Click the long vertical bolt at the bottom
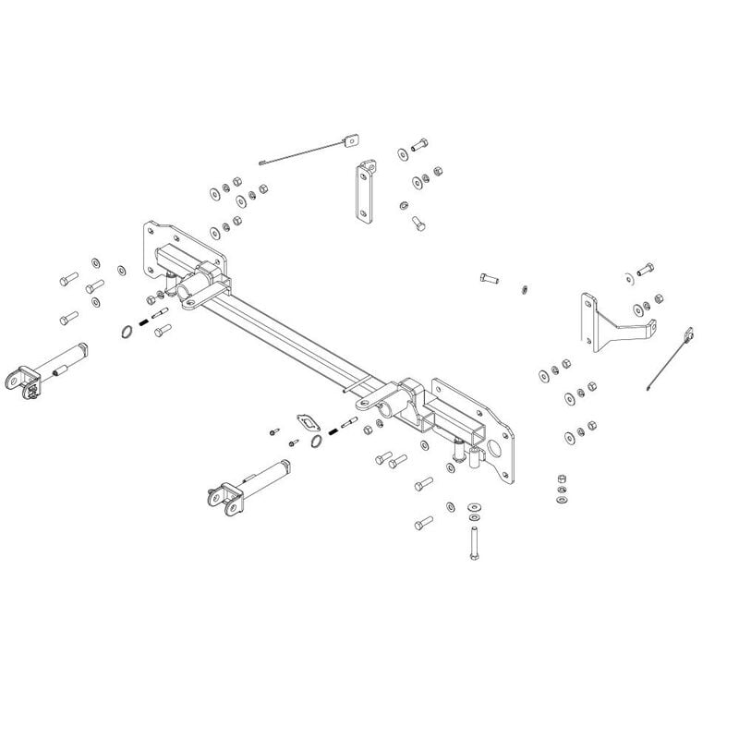click(x=473, y=539)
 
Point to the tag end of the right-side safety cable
click(x=687, y=335)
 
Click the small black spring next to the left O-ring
click(x=143, y=322)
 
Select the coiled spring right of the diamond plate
click(x=348, y=424)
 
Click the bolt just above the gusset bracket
click(x=643, y=271)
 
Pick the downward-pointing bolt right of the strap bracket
click(x=418, y=224)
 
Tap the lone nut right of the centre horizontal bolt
click(x=523, y=288)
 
